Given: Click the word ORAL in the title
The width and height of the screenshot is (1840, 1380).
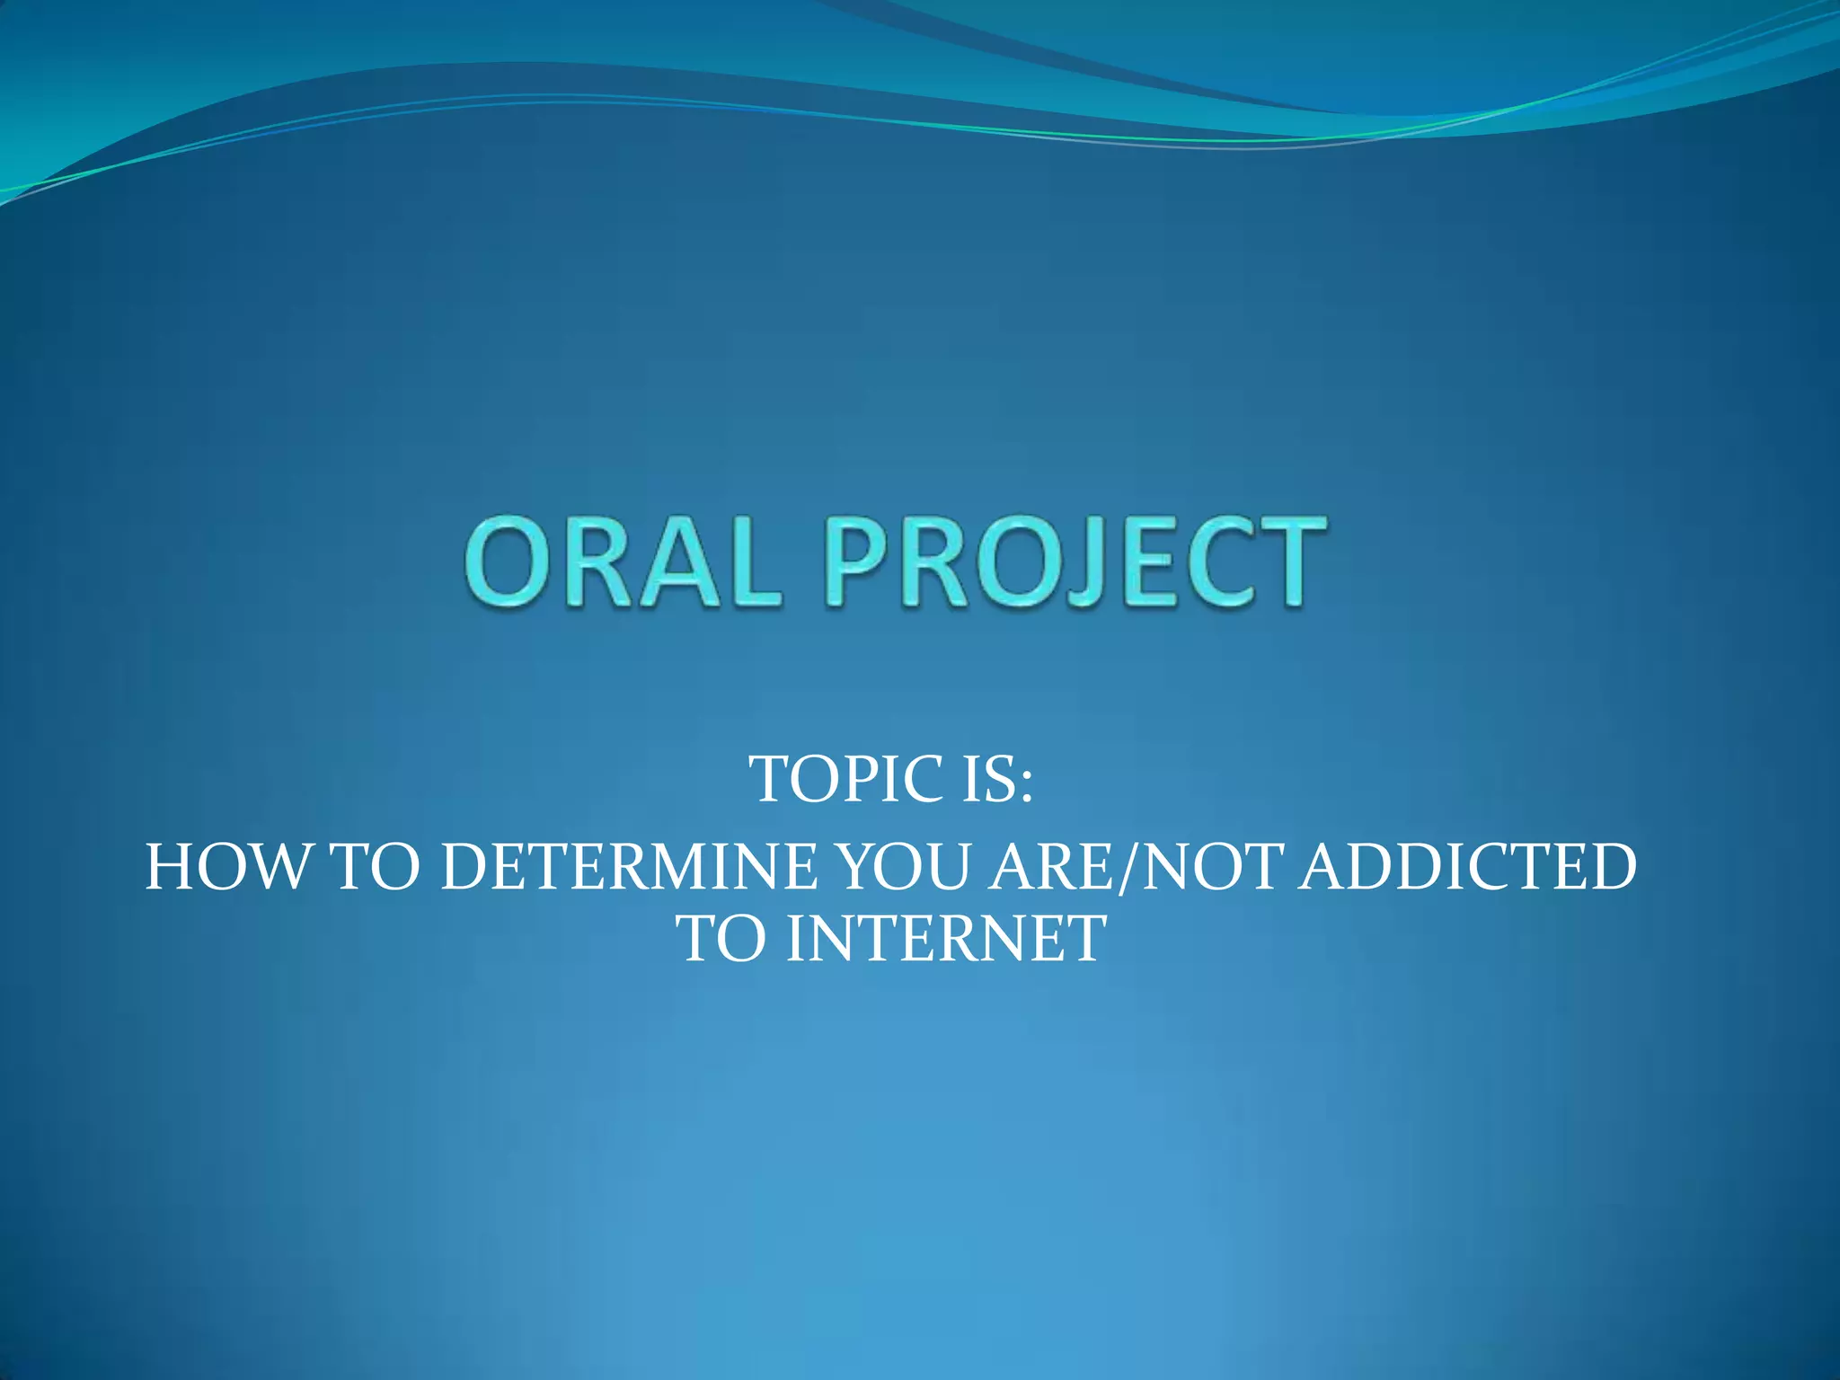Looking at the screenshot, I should point(622,564).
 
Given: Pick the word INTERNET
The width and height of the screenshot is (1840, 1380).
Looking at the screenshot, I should point(945,940).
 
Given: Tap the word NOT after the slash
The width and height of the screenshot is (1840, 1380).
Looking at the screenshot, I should point(1209,868).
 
